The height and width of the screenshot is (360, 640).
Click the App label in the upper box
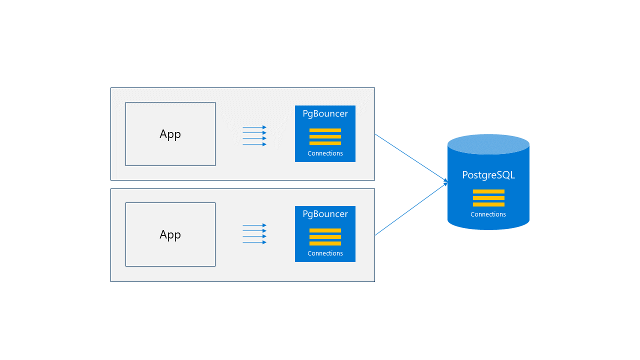point(170,134)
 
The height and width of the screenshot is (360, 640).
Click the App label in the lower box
point(170,234)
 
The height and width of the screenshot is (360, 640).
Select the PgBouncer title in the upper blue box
point(325,113)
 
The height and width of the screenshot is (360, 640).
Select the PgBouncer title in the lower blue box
point(325,214)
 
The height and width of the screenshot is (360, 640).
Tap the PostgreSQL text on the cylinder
point(488,175)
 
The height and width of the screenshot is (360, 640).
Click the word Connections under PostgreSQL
point(488,214)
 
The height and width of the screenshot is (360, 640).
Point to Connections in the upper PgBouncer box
point(325,153)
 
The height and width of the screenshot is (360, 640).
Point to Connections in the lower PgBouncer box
point(325,253)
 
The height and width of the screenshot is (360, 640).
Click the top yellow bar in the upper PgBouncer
point(325,130)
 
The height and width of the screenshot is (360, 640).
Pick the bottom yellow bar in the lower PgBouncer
point(325,243)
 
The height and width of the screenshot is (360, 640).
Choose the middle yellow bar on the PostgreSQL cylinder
point(488,198)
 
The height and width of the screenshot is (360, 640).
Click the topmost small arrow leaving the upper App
point(254,127)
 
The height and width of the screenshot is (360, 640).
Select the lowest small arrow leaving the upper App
point(254,144)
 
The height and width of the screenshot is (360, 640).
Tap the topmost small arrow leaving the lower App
point(254,225)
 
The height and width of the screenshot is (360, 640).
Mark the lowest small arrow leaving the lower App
point(254,242)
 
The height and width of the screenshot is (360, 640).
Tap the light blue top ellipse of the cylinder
point(488,144)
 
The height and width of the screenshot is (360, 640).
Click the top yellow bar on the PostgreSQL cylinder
point(488,191)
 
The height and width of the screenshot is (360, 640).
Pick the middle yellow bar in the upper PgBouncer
point(325,136)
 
